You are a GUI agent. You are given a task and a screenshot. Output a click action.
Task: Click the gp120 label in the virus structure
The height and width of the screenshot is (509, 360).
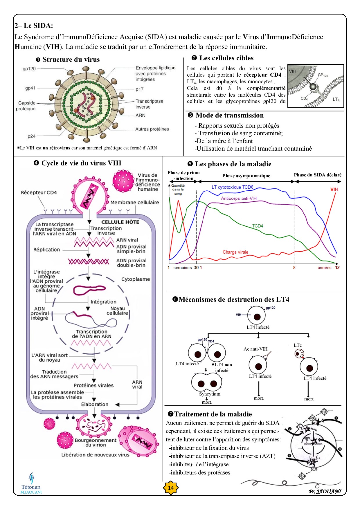tap(29, 69)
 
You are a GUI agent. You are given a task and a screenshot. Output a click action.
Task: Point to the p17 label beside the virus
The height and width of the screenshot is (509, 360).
tap(139, 89)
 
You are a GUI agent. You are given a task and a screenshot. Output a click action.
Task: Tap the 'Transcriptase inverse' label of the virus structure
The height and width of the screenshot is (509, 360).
tap(149, 104)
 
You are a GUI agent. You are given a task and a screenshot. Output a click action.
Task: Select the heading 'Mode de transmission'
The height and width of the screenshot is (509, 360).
tap(229, 115)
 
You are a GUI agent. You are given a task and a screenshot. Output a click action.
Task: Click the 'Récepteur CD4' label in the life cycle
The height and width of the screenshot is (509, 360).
tap(39, 192)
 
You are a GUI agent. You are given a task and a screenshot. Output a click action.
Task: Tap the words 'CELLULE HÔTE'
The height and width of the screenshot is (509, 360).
tap(120, 222)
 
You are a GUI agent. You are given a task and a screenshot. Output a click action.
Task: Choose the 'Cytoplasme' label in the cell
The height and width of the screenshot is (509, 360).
tap(136, 279)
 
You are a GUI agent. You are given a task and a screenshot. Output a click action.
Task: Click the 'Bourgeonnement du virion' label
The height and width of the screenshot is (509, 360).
tap(96, 442)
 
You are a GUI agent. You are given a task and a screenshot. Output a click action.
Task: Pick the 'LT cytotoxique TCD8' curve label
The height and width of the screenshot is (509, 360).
tap(232, 187)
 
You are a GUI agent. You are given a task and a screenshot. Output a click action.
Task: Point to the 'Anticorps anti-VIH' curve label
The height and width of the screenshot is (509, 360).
tap(239, 198)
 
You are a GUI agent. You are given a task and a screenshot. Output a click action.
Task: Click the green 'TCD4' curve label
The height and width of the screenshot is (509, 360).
tap(258, 226)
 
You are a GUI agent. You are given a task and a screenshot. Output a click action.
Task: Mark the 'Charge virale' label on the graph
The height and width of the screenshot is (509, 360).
tap(235, 252)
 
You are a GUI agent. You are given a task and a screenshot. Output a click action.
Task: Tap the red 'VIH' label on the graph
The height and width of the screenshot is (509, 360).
tap(334, 189)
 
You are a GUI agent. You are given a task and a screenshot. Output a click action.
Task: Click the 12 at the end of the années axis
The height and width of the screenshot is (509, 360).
tap(337, 268)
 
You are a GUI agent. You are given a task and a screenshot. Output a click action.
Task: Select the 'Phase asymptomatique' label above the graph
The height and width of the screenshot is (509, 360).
tap(246, 176)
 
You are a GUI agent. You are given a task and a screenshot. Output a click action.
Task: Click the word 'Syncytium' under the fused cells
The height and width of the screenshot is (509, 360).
tap(210, 394)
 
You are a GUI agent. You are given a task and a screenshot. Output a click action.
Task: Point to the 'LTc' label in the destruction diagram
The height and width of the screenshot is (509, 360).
tap(298, 345)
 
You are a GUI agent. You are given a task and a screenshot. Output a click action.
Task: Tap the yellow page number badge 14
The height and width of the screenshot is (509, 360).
tap(171, 488)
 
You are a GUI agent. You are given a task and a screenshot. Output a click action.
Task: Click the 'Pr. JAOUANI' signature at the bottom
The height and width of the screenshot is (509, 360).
tap(325, 492)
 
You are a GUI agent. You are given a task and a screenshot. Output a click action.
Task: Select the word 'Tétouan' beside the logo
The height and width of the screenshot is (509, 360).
tap(31, 487)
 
